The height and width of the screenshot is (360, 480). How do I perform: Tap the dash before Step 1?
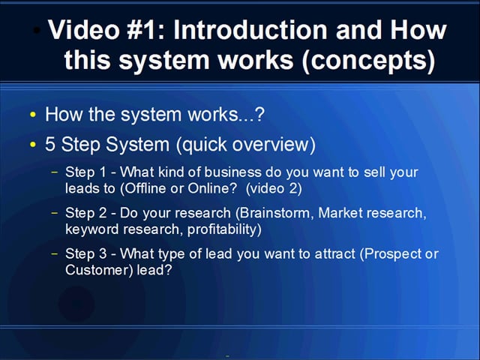pos(54,172)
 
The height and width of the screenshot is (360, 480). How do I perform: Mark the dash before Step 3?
pos(54,253)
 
